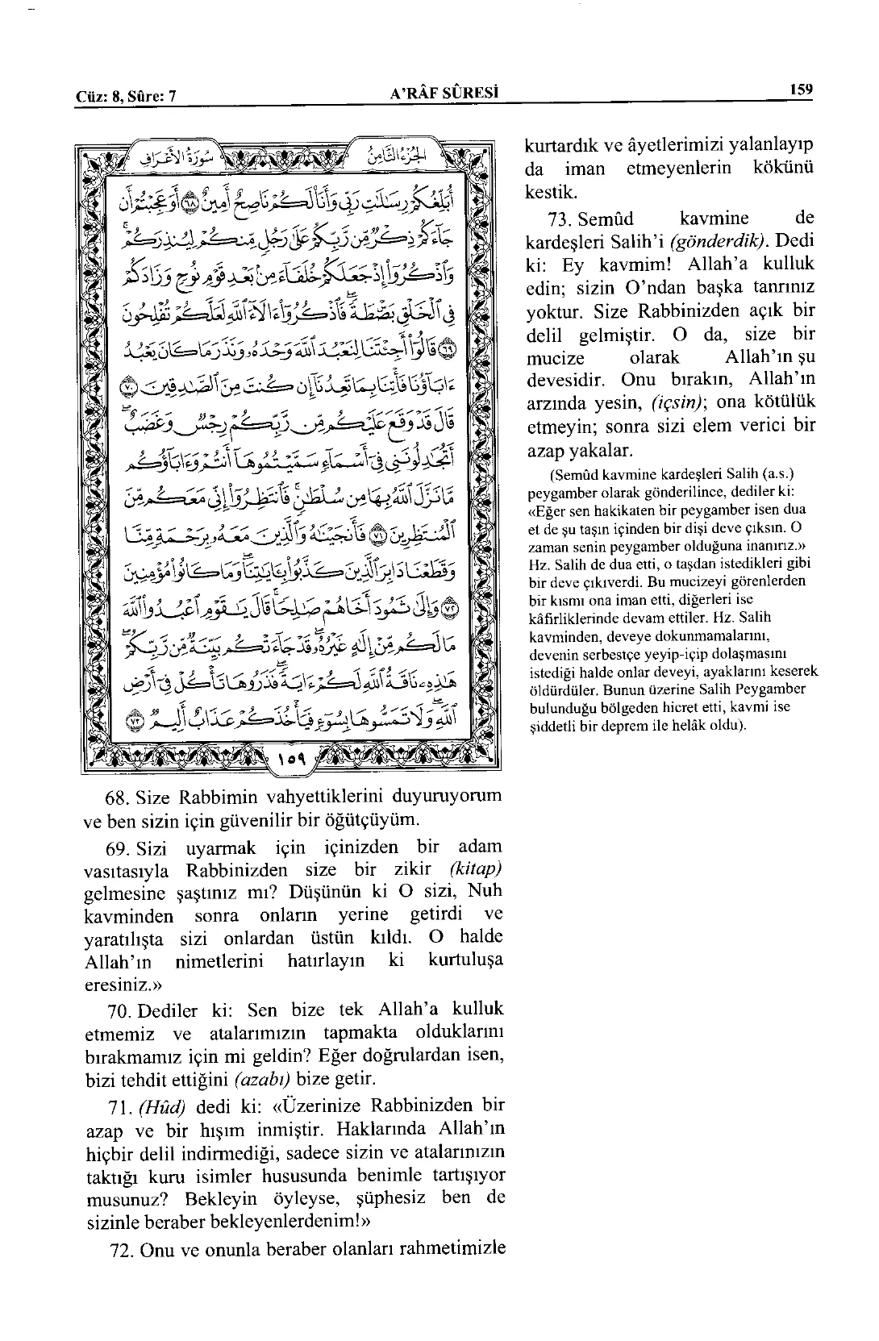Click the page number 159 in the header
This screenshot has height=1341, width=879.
801,90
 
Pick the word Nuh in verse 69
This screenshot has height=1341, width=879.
485,893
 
